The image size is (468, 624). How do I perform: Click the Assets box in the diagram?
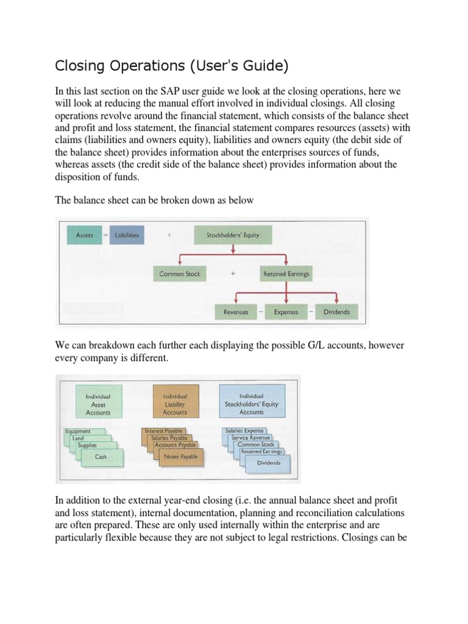84,235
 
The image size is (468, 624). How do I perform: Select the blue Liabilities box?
127,235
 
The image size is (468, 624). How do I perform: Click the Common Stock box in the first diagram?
179,274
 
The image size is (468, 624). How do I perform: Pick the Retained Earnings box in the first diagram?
286,274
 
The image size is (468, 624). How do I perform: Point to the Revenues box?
236,312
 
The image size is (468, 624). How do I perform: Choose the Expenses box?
286,312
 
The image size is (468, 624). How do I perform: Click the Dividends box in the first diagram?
336,312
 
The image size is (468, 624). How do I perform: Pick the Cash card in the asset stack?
101,456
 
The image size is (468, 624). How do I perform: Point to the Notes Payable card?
180,457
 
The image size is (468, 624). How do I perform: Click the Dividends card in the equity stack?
268,463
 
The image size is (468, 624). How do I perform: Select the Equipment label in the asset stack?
78,431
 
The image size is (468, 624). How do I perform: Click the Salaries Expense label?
244,431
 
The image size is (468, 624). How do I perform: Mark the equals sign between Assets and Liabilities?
104,235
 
